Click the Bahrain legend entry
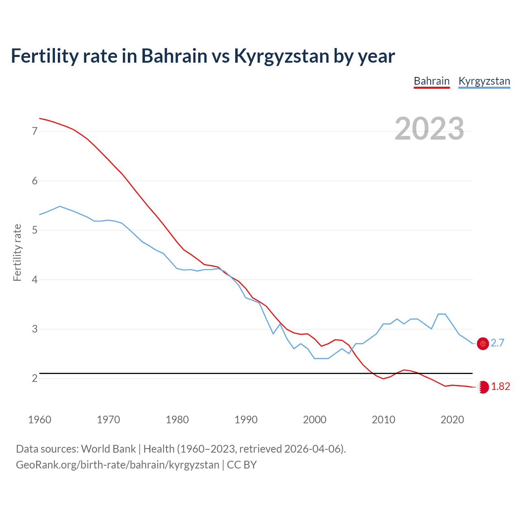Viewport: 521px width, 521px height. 431,81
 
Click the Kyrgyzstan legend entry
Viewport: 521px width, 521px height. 484,81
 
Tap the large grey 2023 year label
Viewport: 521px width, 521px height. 429,129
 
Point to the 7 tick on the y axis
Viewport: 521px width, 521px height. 35,131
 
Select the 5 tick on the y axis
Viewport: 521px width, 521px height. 35,230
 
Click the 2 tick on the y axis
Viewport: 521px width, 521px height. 35,379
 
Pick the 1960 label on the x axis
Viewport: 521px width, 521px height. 39,420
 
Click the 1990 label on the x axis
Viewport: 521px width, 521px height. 246,420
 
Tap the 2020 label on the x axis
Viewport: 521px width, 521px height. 452,420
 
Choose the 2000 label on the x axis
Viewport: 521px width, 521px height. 315,420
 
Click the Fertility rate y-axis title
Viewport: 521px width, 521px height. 17,252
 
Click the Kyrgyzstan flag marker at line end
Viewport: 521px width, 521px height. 483,344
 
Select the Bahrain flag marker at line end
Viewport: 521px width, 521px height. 483,387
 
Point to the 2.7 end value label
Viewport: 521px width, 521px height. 497,343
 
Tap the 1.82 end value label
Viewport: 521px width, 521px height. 500,387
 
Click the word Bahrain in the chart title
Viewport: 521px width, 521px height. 174,56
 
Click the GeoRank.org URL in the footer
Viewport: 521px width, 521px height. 118,465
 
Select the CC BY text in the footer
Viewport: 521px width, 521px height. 242,465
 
